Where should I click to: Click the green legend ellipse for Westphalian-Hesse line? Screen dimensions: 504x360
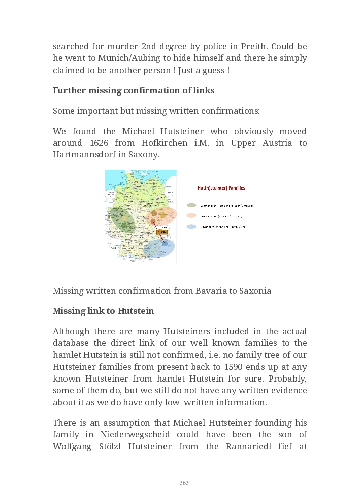pyautogui.click(x=191, y=205)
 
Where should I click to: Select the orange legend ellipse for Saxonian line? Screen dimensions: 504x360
pyautogui.click(x=191, y=216)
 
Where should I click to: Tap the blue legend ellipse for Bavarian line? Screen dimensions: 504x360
pyautogui.click(x=191, y=226)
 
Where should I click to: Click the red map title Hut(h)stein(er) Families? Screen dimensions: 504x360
pyautogui.click(x=221, y=188)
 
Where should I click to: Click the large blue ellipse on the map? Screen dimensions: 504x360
pyautogui.click(x=159, y=247)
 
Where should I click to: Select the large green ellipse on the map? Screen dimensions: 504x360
pyautogui.click(x=123, y=220)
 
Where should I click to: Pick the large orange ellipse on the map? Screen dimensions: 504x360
pyautogui.click(x=161, y=215)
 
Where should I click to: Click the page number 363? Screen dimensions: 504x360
pyautogui.click(x=184, y=483)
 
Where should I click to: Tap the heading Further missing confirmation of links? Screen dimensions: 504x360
pyautogui.click(x=134, y=90)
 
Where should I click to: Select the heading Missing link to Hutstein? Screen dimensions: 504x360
pyautogui.click(x=103, y=311)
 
